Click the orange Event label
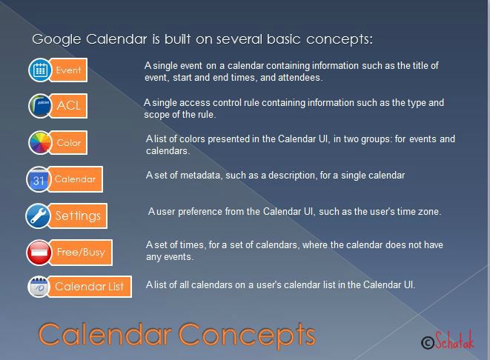[x=68, y=70]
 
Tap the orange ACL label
[x=68, y=106]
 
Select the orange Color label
[x=68, y=143]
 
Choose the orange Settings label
[x=78, y=216]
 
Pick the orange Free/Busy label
[x=81, y=253]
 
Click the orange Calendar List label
[x=90, y=287]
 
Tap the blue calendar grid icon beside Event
[x=40, y=70]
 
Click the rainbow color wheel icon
[x=40, y=143]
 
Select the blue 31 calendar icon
[x=39, y=179]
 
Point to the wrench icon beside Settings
[x=38, y=216]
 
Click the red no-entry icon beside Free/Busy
[x=39, y=253]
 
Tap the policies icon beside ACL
[x=40, y=106]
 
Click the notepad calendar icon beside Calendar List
[x=39, y=287]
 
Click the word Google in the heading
[x=56, y=40]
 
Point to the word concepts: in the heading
[x=340, y=40]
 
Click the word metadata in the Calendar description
[x=200, y=175]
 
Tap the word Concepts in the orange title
[x=247, y=335]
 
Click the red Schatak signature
[x=454, y=339]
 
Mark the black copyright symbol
[x=428, y=343]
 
